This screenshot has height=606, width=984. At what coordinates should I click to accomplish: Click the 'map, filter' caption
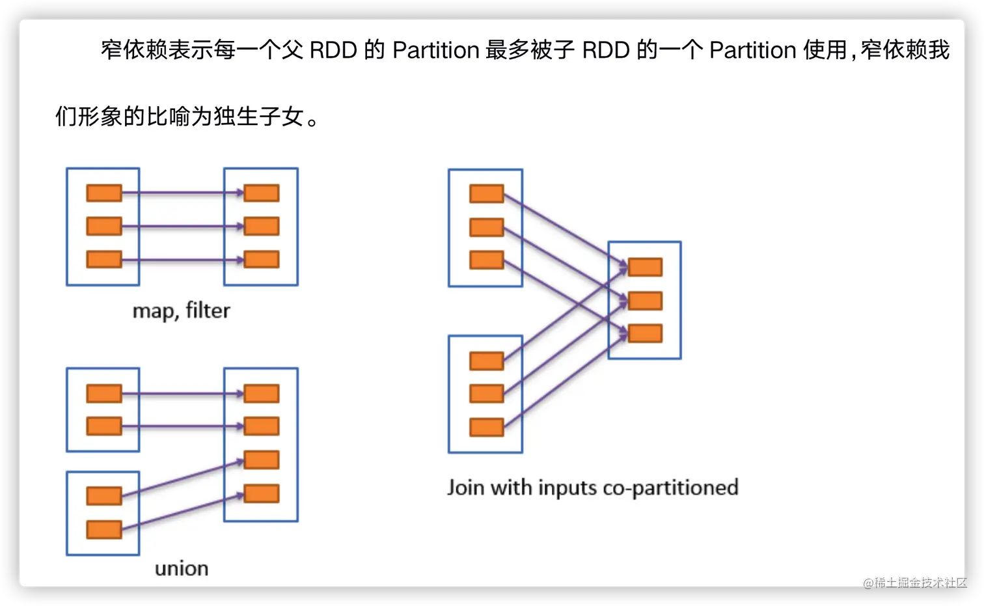(x=181, y=310)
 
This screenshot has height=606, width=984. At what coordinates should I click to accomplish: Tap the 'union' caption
(x=182, y=568)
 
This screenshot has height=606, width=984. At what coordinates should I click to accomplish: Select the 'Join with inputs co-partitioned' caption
(x=592, y=488)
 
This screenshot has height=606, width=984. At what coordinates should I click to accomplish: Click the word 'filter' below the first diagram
(x=208, y=310)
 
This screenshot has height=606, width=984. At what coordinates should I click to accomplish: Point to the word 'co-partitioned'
(x=670, y=488)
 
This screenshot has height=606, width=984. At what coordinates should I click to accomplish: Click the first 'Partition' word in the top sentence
(x=436, y=50)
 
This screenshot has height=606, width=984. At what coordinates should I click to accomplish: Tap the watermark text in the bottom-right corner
(x=914, y=582)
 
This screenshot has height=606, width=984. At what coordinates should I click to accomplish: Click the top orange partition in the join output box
(x=645, y=267)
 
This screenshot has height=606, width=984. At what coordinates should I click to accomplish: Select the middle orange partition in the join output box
(x=645, y=301)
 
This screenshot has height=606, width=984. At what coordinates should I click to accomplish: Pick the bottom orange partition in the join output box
(x=645, y=333)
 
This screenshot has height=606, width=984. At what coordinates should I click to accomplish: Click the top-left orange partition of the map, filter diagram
(x=104, y=193)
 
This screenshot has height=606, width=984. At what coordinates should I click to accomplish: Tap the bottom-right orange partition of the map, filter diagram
(x=262, y=259)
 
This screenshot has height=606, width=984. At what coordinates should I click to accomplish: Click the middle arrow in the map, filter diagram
(x=182, y=227)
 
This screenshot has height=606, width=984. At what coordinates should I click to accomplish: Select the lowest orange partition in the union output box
(x=262, y=493)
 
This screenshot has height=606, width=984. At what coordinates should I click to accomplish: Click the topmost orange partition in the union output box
(x=262, y=393)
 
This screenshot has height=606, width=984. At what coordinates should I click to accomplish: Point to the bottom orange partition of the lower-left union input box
(x=104, y=529)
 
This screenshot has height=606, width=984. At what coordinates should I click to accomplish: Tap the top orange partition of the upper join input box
(x=487, y=193)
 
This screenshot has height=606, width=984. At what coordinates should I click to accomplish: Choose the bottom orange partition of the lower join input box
(x=487, y=427)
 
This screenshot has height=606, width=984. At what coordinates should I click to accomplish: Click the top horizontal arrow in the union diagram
(x=182, y=394)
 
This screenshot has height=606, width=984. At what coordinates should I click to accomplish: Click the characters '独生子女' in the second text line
(x=259, y=117)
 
